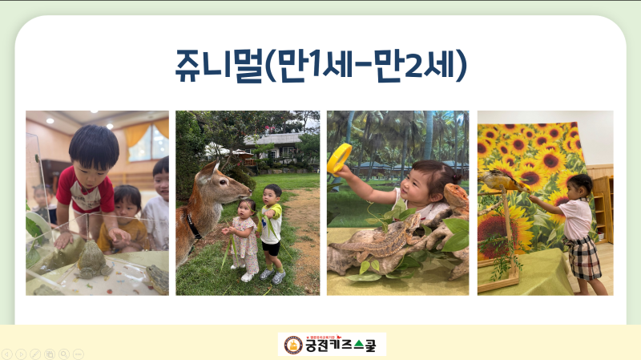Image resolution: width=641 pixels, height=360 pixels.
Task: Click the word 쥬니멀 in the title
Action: coord(218,66)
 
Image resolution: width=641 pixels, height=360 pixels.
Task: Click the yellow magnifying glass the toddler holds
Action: coord(339,158)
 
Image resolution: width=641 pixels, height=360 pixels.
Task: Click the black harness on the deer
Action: coord(193,224)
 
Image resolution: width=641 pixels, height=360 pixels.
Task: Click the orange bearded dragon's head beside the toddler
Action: coord(455,196)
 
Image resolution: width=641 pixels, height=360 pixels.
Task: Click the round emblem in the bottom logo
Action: coord(293,345)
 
